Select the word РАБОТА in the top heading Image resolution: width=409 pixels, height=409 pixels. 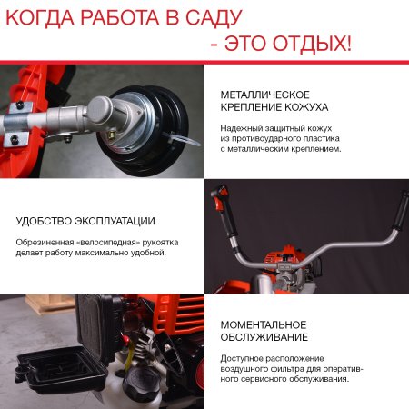(x=126, y=16)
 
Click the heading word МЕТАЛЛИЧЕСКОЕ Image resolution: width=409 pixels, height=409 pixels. (x=265, y=95)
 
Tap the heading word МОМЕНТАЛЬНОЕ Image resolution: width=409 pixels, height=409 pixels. (x=264, y=324)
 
